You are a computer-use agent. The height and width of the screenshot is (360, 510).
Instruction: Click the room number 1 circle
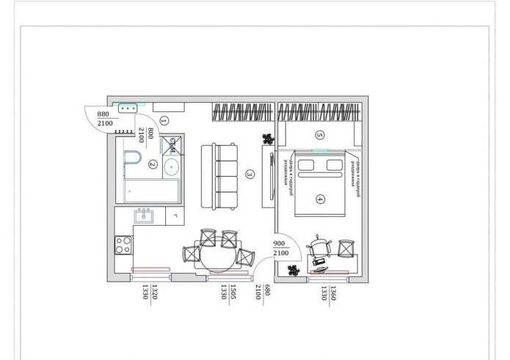click(x=164, y=120)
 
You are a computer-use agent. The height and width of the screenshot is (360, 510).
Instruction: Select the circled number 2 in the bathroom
click(x=152, y=164)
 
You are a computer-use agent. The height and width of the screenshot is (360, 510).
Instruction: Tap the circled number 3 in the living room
click(x=250, y=175)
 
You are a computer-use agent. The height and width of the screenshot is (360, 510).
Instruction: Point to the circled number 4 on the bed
click(x=320, y=198)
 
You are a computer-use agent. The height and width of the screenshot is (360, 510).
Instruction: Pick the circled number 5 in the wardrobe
click(x=319, y=135)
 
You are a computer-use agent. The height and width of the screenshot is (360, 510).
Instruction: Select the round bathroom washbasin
click(x=172, y=167)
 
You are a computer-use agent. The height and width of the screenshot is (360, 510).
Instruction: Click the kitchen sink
click(x=143, y=216)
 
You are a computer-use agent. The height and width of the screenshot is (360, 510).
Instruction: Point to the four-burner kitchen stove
click(x=123, y=244)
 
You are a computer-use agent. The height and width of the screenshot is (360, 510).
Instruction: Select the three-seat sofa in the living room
click(x=220, y=175)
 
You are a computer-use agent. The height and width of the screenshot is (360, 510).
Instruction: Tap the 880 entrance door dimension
click(x=103, y=114)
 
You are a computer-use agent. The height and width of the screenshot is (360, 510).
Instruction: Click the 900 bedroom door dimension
click(x=280, y=244)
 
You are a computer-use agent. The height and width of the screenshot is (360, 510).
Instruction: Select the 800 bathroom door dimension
click(x=150, y=133)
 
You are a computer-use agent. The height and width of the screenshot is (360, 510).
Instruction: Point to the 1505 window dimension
click(x=233, y=293)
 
